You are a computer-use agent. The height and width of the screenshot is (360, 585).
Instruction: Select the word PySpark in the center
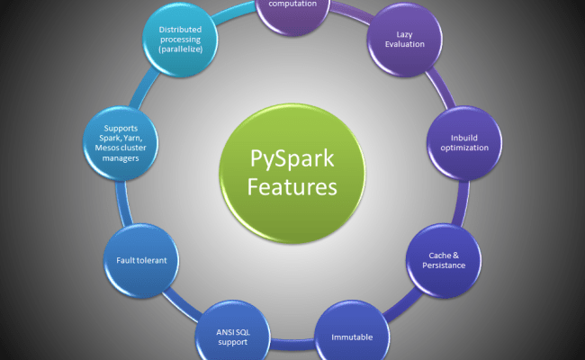(x=292, y=160)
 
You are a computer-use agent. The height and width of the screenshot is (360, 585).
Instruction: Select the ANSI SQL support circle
(x=230, y=337)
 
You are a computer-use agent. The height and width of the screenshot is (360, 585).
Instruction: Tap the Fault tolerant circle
(x=142, y=260)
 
